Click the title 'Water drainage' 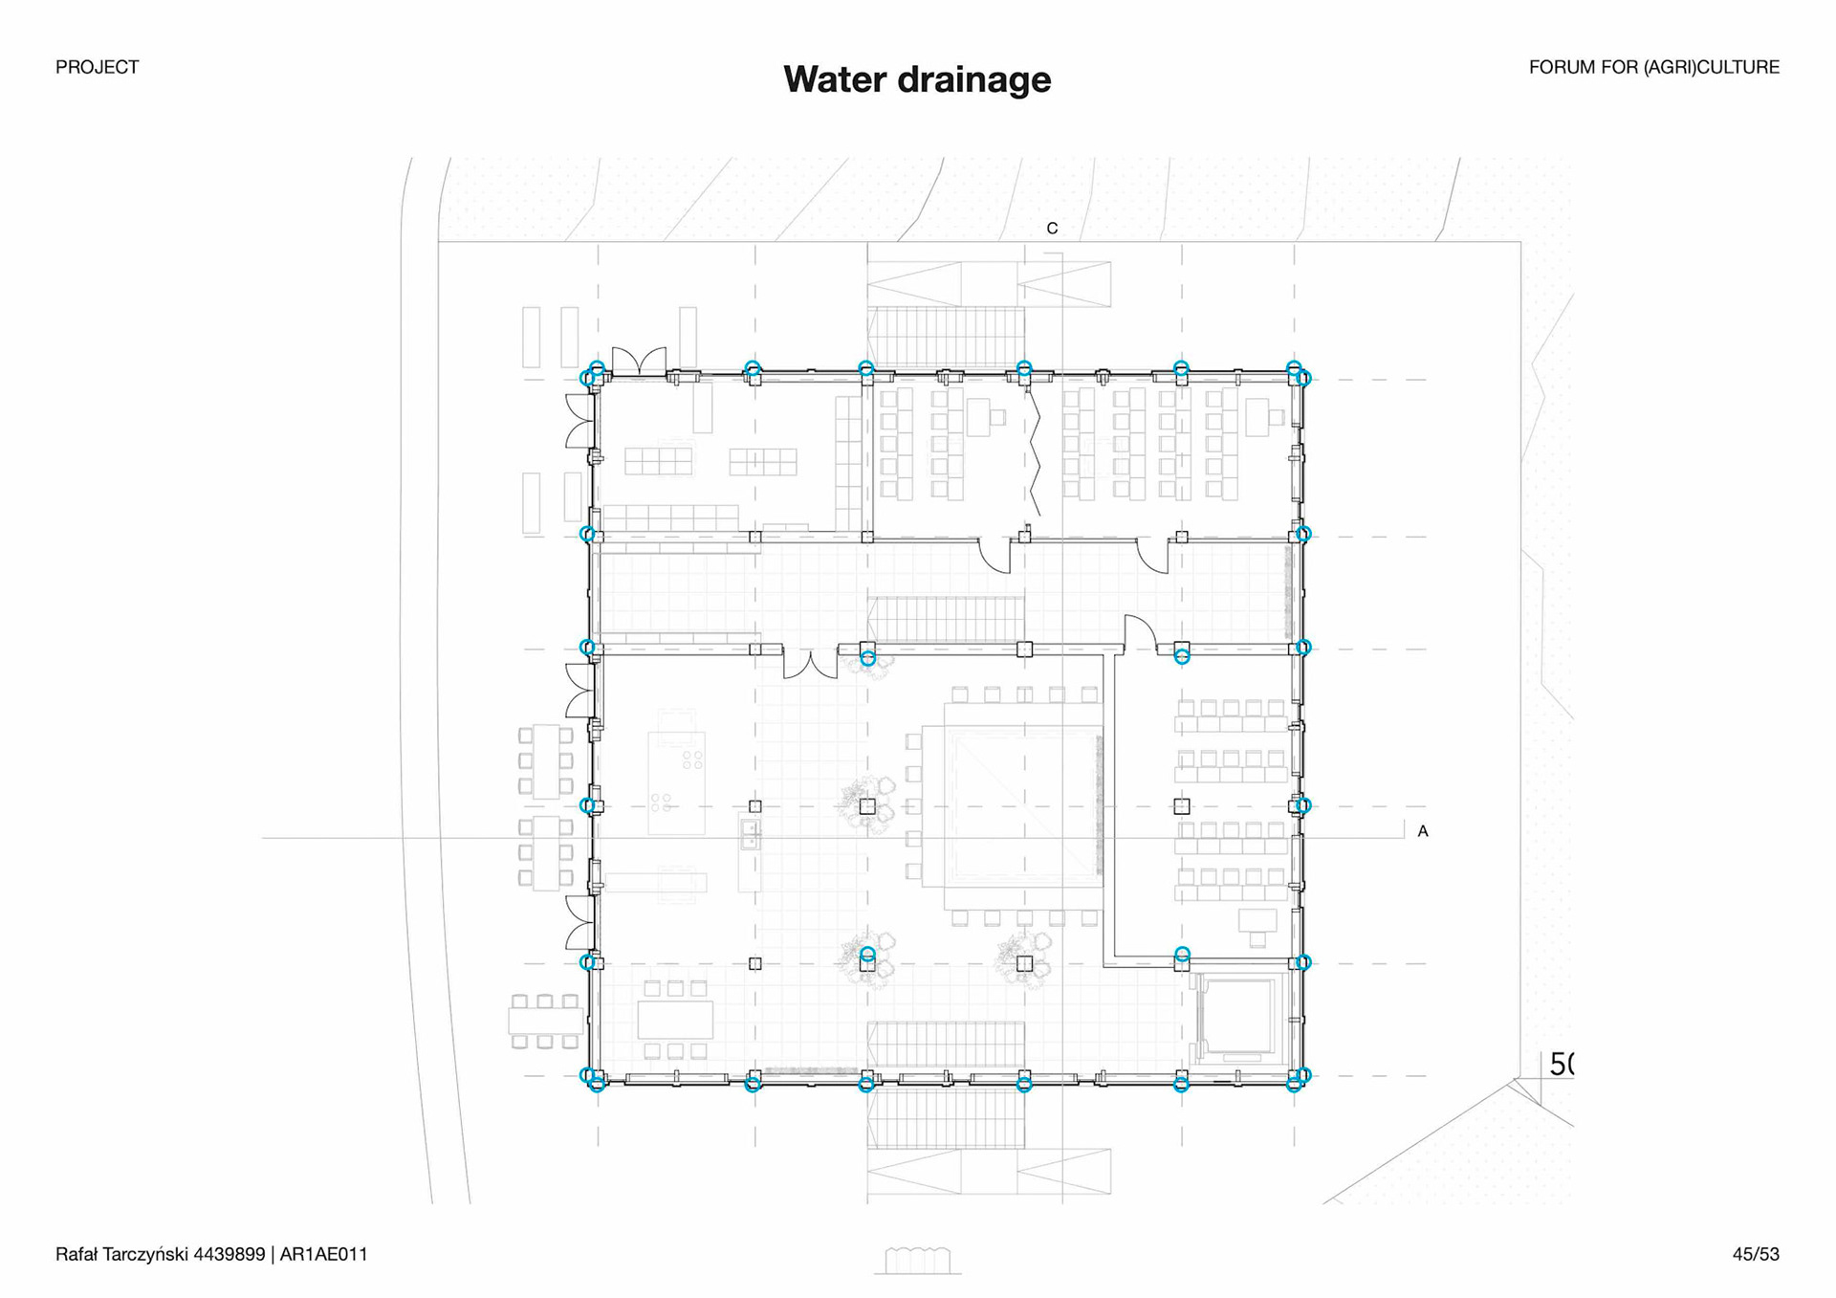917,79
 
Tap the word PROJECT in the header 97,67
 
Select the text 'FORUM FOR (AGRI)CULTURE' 1653,67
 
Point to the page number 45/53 1755,1254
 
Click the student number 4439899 229,1254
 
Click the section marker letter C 1052,229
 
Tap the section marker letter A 1422,831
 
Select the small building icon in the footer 917,1261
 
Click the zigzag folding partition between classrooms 1035,455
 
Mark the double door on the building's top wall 639,361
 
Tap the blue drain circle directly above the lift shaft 1182,954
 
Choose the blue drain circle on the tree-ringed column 867,955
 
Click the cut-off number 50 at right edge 1561,1064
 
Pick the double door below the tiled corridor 810,664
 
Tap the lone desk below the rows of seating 1257,921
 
